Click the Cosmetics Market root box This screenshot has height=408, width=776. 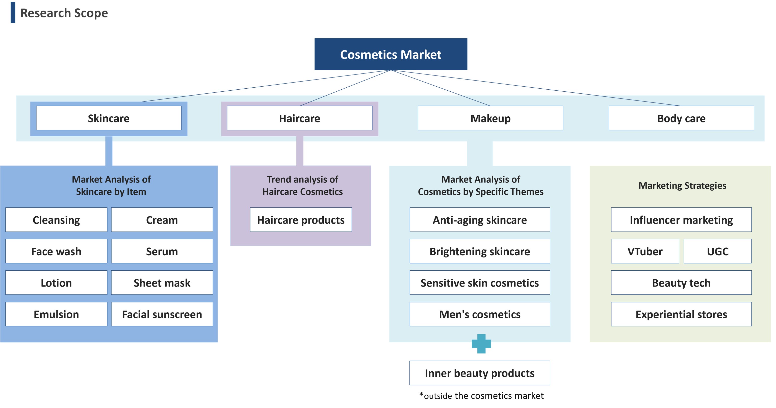[x=391, y=54]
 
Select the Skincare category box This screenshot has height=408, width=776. [x=109, y=118]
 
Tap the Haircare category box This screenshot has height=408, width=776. [x=299, y=118]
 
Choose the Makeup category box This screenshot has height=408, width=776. [x=490, y=118]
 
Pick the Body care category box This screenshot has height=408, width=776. [x=681, y=118]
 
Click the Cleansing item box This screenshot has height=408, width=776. [x=56, y=220]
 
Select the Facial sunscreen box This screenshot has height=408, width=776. [x=162, y=314]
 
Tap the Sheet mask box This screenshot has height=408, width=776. [x=162, y=283]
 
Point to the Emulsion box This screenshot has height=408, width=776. [x=56, y=314]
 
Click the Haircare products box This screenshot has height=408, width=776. [x=301, y=220]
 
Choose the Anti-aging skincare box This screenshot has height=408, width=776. [x=480, y=220]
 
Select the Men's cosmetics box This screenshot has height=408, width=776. [x=480, y=314]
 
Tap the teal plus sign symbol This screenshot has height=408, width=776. [x=481, y=344]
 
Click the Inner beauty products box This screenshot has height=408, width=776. [x=480, y=373]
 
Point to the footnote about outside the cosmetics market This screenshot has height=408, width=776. [x=481, y=396]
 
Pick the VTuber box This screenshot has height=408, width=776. [x=645, y=251]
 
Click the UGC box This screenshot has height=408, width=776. [x=717, y=251]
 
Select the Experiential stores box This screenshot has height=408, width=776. [x=681, y=314]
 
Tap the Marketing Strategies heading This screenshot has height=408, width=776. [x=682, y=185]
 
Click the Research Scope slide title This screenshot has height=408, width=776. [x=64, y=13]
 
